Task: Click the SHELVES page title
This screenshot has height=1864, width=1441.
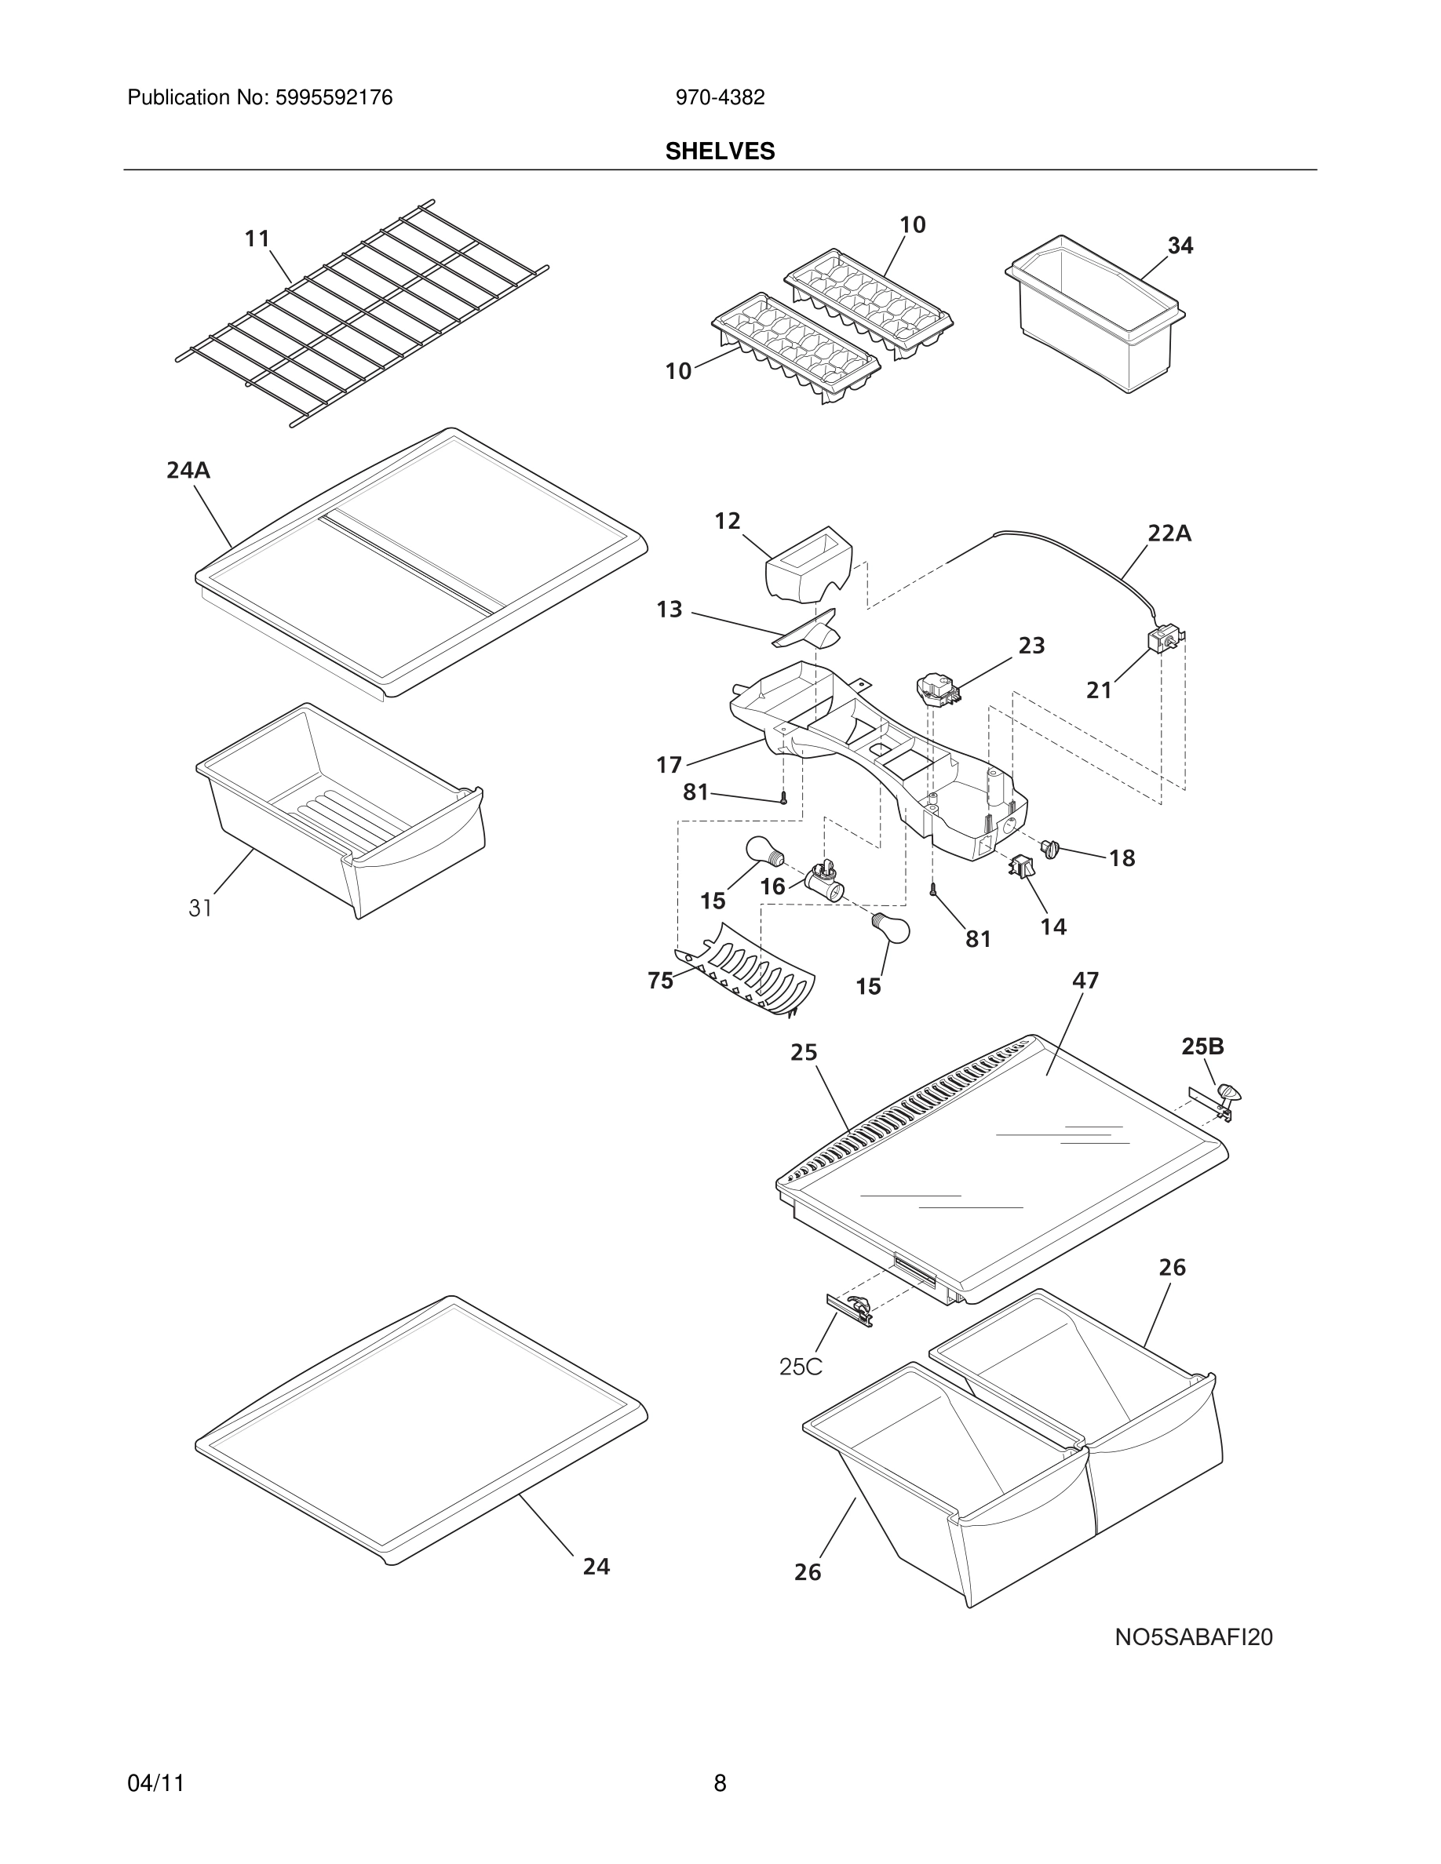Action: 720,151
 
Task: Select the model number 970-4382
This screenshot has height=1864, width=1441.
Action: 720,98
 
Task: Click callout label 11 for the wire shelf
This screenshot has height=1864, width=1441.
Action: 257,239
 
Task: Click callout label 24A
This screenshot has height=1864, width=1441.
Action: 188,470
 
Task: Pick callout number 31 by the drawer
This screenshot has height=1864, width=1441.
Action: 200,908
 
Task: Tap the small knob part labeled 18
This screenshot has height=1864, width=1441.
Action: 1050,848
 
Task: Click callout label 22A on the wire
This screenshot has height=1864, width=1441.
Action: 1169,533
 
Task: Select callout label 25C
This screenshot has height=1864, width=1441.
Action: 800,1367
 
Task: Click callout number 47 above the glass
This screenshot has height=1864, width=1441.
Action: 1085,981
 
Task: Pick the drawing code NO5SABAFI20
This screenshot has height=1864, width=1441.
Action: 1192,1637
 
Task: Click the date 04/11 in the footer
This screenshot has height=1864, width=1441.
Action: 155,1783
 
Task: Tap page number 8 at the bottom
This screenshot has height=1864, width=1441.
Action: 720,1783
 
